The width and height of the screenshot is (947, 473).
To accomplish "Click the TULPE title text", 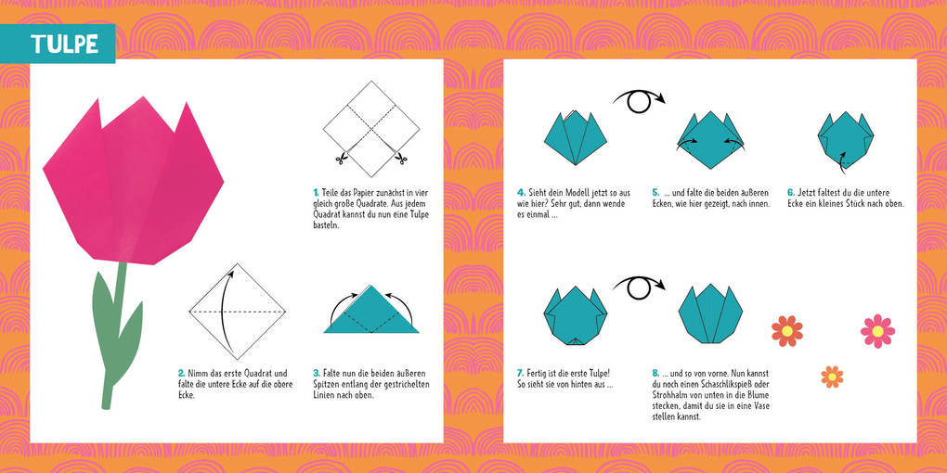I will [64, 44].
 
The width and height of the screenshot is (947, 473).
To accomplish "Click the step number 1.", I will [316, 192].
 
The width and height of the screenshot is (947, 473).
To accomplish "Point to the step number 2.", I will [181, 373].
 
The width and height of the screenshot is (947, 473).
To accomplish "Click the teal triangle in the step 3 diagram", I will [371, 313].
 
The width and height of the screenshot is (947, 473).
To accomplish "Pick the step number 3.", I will [316, 373].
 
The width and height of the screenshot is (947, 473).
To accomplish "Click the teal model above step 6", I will [846, 139].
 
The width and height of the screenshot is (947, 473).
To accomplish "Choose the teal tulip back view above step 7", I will [575, 315].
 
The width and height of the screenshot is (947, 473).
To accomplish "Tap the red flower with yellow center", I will [787, 330].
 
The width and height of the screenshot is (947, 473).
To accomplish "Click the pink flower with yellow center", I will [877, 330].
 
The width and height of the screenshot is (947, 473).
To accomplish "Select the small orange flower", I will [832, 376].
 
